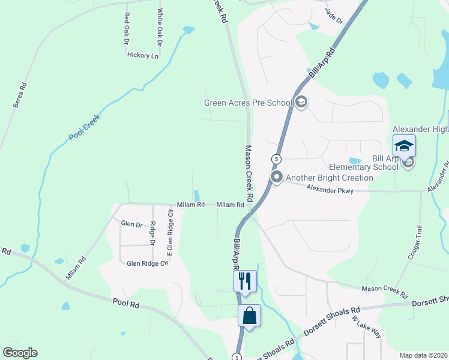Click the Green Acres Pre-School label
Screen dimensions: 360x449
click(x=248, y=103)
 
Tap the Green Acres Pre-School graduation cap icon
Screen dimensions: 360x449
click(x=301, y=103)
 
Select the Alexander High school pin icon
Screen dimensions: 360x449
click(x=404, y=146)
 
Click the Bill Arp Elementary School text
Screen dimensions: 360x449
click(x=364, y=163)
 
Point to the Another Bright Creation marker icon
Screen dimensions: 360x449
click(x=277, y=178)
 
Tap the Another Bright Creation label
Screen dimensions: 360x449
click(x=330, y=178)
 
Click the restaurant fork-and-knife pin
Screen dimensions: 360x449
click(x=245, y=280)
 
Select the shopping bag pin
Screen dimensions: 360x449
click(x=250, y=315)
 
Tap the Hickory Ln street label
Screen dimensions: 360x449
click(x=142, y=55)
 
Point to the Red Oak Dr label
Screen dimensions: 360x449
click(x=126, y=29)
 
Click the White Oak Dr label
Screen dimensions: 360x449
click(x=160, y=28)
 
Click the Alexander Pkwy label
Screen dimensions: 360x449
click(x=329, y=190)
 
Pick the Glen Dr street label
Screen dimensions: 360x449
click(x=131, y=224)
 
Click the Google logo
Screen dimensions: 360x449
click(x=20, y=353)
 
